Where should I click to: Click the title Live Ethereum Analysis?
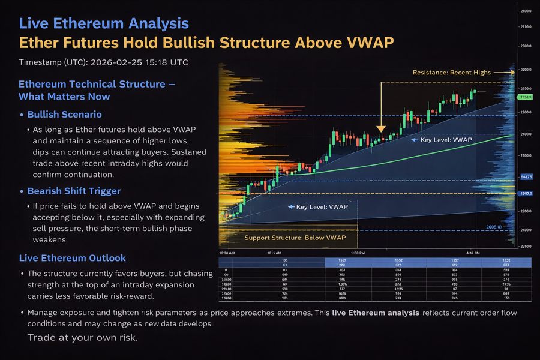tap(104, 24)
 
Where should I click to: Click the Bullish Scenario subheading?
tap(64, 114)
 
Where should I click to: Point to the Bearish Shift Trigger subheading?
tap(74, 191)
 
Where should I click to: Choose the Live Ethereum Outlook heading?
tap(72, 258)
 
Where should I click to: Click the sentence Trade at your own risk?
tap(82, 337)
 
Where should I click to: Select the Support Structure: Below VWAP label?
tap(295, 238)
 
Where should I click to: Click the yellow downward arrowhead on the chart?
tap(380, 129)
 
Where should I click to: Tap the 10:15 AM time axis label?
tap(276, 254)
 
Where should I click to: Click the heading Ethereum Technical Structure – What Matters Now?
tap(96, 90)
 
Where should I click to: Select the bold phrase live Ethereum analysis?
tap(375, 313)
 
